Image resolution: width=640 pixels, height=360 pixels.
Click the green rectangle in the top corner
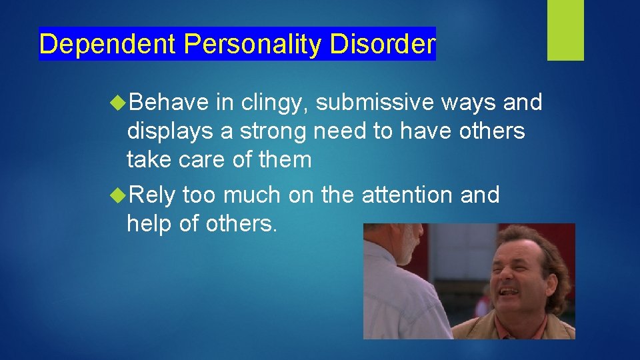(565, 29)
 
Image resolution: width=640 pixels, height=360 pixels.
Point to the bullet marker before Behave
(119, 103)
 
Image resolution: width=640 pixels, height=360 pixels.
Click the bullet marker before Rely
(119, 195)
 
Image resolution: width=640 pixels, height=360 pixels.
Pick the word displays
(170, 132)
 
